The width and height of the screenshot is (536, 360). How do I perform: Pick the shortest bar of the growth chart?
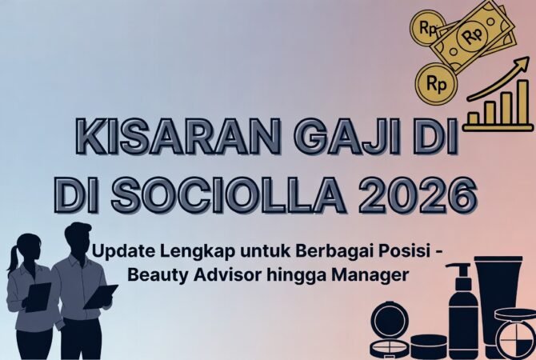coord(474,118)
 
